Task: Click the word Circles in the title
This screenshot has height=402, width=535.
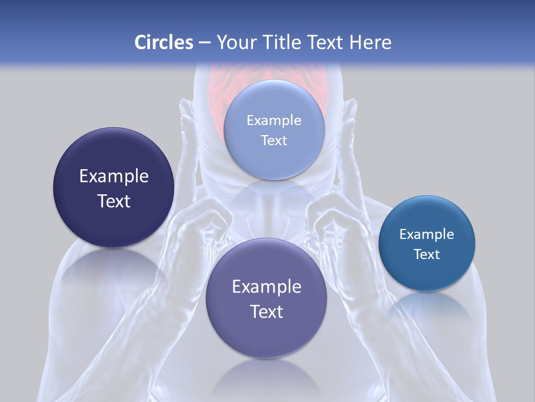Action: [163, 42]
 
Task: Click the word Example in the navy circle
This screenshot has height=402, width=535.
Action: [114, 176]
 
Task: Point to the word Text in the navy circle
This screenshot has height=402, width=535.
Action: [114, 201]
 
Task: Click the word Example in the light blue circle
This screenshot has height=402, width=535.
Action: [274, 120]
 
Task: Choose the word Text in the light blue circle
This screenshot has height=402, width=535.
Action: [274, 140]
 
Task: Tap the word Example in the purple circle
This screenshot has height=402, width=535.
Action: [266, 287]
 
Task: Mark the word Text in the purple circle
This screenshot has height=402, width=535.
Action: [266, 312]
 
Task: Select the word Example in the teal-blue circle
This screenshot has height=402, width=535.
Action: [427, 234]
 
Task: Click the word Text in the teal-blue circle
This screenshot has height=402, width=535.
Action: [427, 255]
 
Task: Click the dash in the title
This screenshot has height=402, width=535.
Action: [205, 42]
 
